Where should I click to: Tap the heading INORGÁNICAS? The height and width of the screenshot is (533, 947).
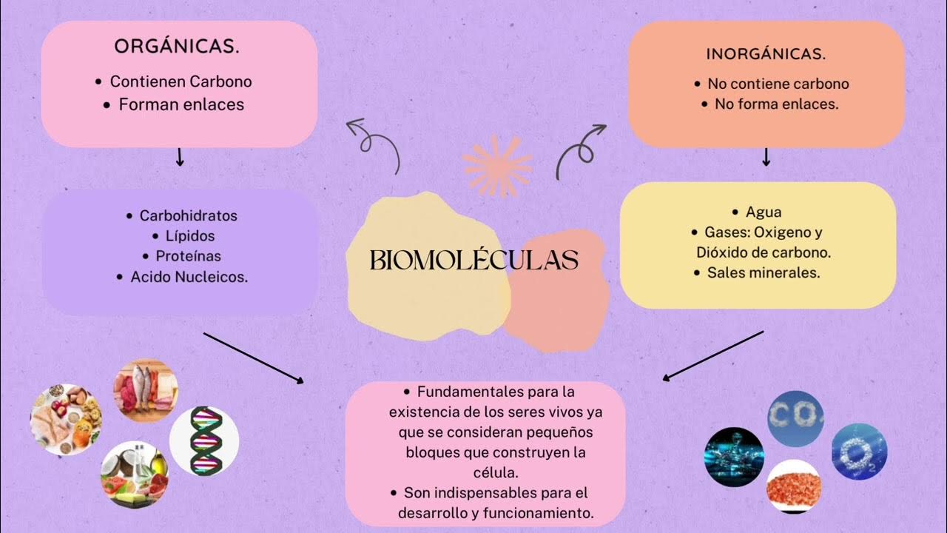click(766, 54)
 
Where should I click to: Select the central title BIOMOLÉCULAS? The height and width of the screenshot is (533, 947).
click(473, 261)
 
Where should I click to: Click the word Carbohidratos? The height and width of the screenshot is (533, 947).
click(188, 215)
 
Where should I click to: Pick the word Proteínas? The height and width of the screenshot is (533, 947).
click(188, 256)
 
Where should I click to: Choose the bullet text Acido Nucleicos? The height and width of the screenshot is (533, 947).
click(189, 277)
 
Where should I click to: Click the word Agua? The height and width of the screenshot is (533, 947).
click(764, 212)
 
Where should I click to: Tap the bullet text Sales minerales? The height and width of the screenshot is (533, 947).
click(764, 272)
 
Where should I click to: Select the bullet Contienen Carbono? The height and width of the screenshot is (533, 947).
click(181, 81)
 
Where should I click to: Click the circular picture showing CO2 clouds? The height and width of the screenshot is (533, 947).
click(795, 418)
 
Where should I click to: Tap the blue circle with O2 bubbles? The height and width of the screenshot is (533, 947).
click(859, 451)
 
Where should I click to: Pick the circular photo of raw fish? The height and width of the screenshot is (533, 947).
click(145, 390)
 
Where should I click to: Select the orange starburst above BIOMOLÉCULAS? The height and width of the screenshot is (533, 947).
click(496, 166)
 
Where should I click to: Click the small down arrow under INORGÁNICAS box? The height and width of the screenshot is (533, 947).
click(766, 156)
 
